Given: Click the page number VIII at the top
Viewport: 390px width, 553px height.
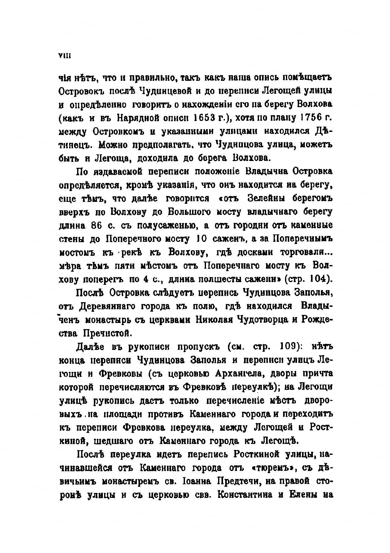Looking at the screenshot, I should [x=65, y=56].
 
